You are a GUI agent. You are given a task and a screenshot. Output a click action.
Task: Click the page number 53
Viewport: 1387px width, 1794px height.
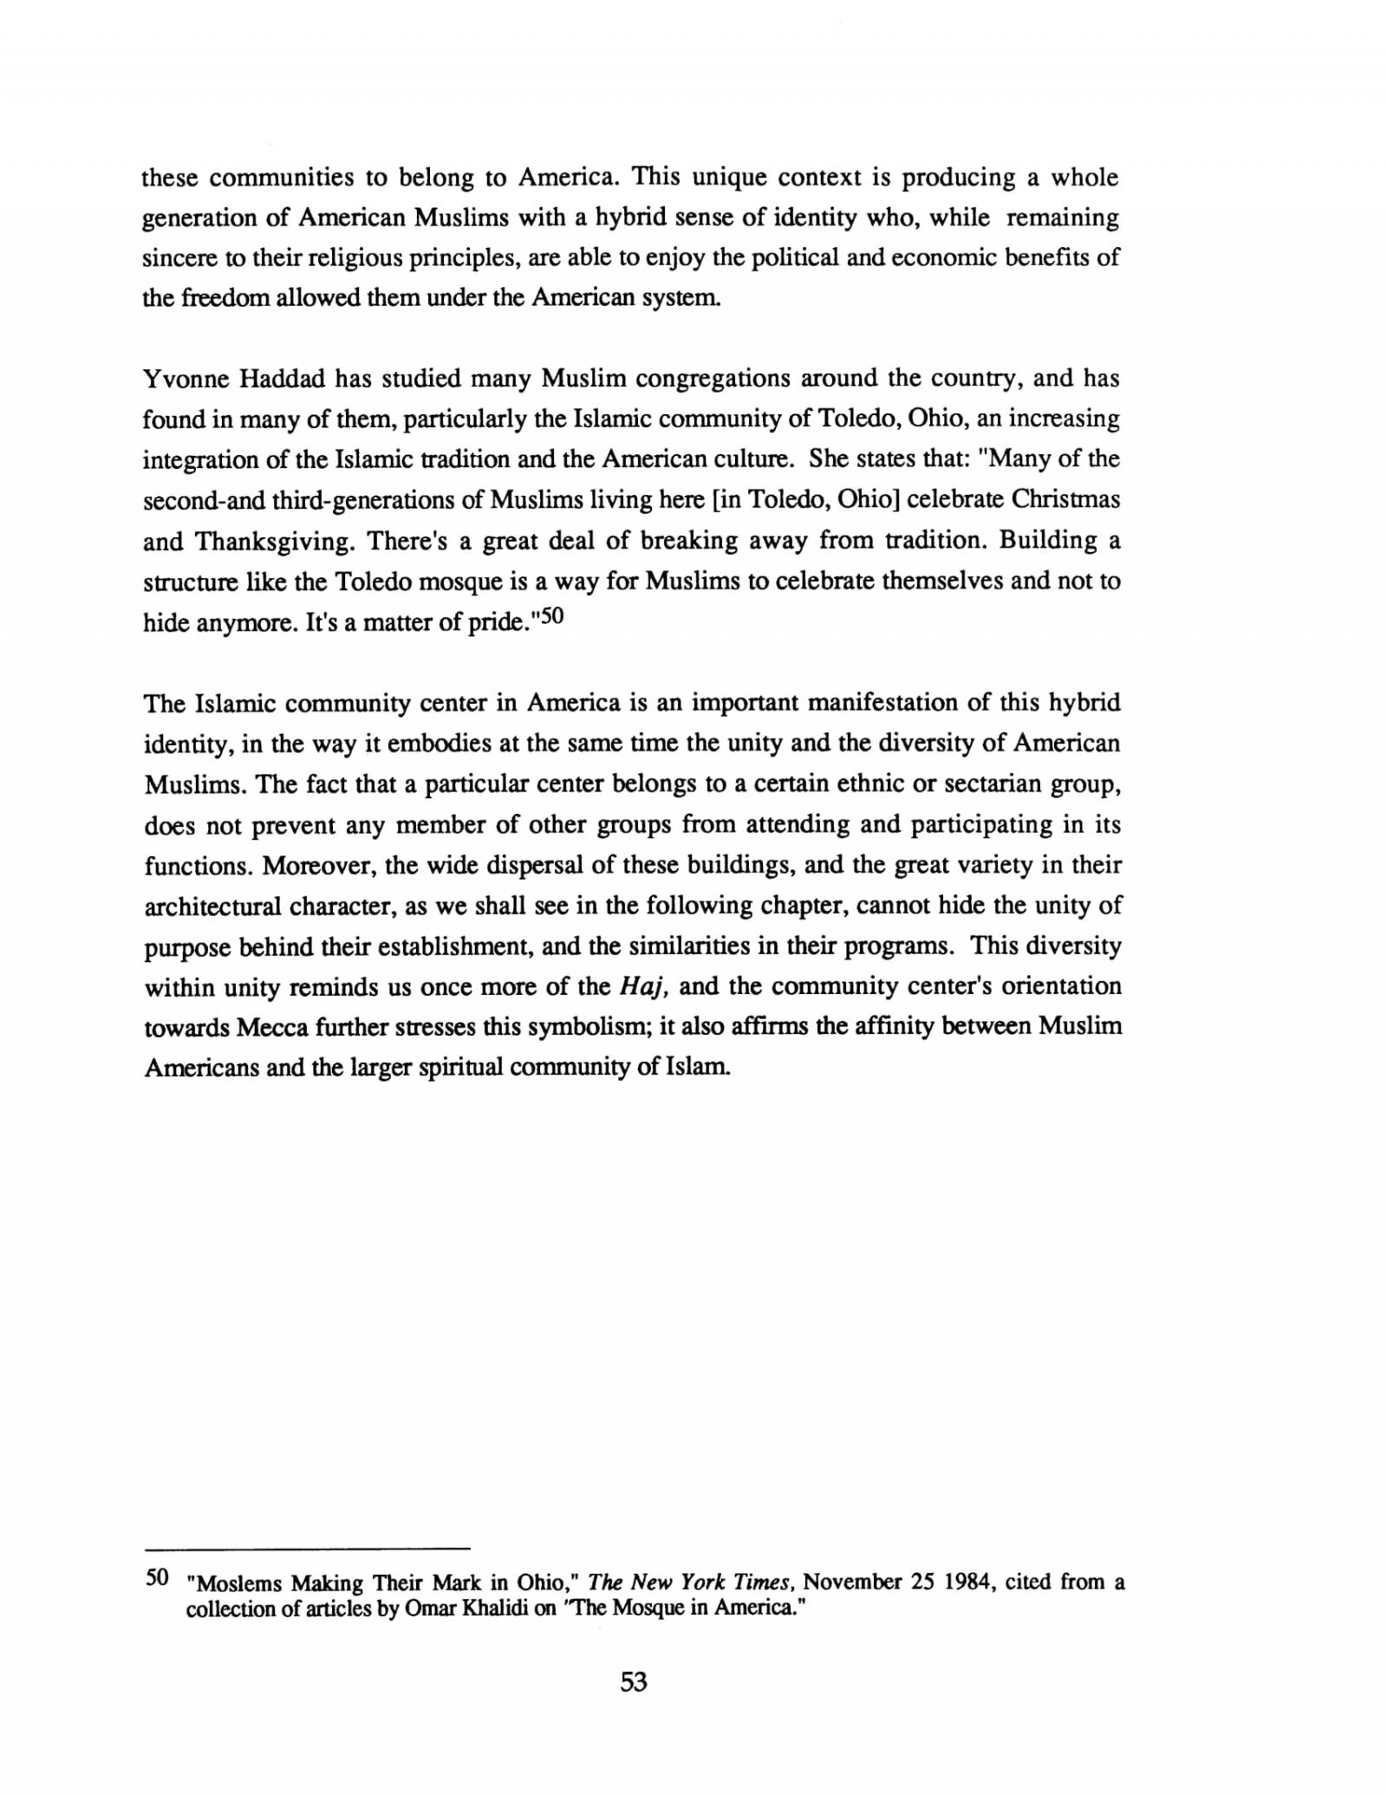[x=634, y=1682]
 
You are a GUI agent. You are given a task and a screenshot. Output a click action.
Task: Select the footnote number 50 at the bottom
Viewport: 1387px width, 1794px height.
[x=156, y=1577]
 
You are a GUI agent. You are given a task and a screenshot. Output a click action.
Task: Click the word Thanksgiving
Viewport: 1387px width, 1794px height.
[x=275, y=542]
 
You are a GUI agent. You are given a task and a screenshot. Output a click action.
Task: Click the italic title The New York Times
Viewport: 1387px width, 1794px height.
[x=693, y=1582]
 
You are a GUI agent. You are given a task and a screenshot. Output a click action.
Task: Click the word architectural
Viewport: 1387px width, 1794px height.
[x=213, y=906]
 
